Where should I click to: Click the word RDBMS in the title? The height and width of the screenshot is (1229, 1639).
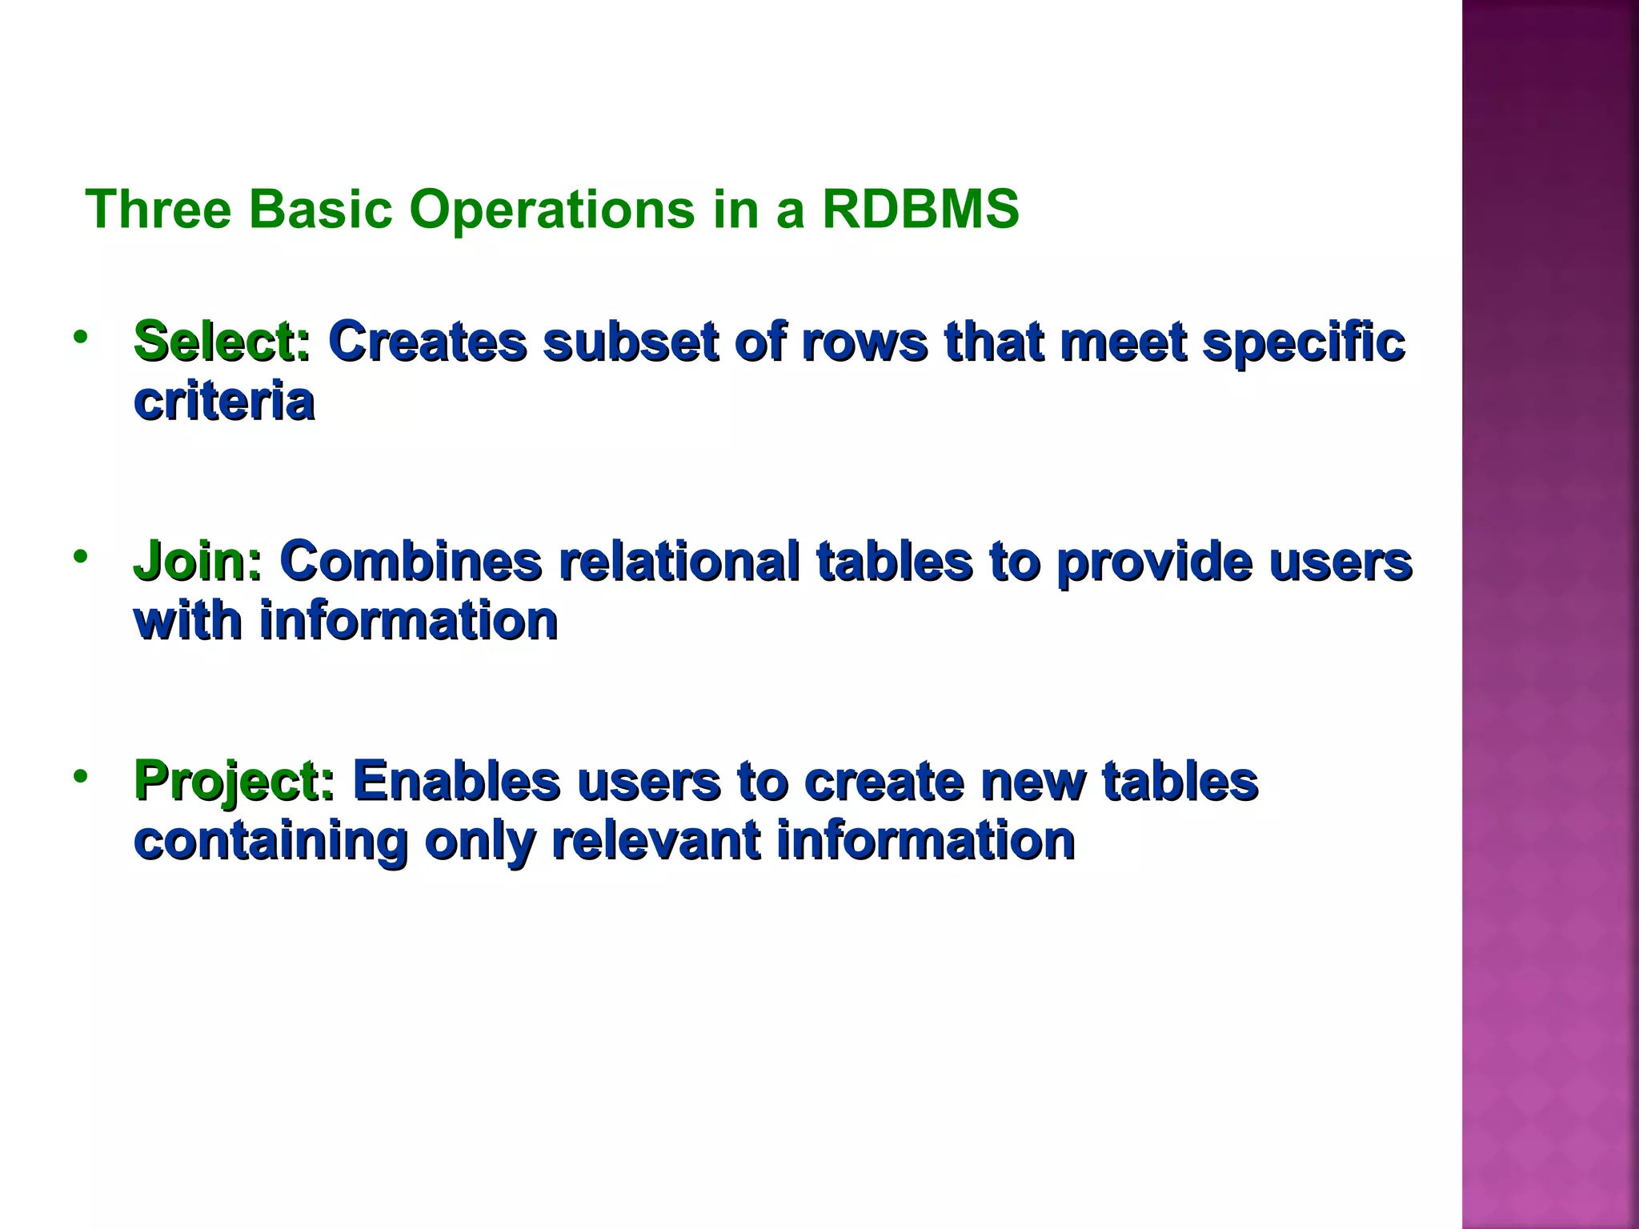tap(920, 210)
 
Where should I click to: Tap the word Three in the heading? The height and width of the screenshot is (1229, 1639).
tap(158, 210)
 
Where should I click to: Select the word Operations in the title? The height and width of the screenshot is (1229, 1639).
tap(552, 210)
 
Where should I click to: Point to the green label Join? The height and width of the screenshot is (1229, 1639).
tap(197, 562)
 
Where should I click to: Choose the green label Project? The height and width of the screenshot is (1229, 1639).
tap(234, 782)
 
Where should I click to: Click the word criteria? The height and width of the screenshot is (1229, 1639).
tap(224, 402)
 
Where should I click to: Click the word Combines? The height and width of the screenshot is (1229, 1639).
tap(411, 562)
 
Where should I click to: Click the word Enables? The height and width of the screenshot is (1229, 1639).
tap(456, 782)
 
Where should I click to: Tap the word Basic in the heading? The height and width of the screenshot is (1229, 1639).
tap(320, 210)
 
